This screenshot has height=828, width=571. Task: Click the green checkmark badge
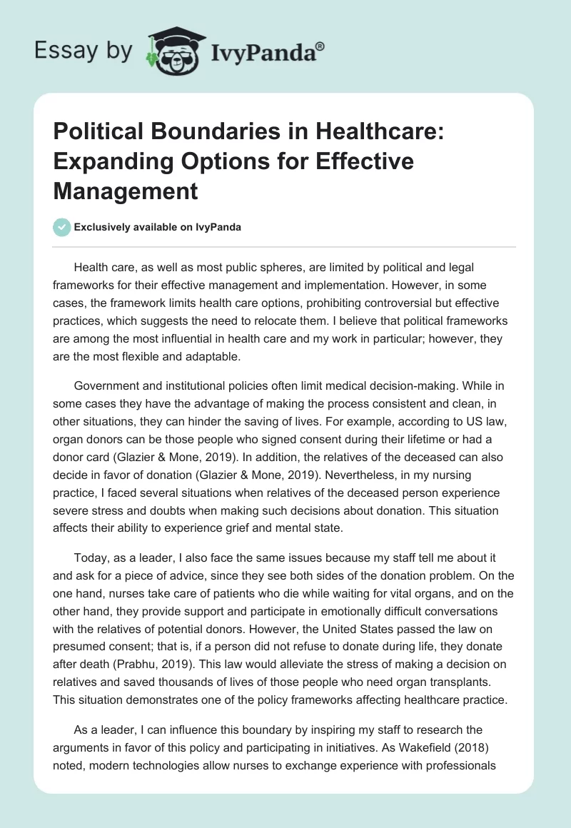61,227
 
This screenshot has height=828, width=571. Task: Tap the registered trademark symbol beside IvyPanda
320,46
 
